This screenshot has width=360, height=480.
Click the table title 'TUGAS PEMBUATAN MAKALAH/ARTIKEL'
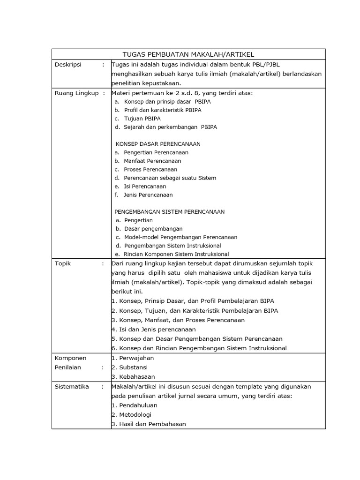188,54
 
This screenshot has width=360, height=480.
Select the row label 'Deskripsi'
68,65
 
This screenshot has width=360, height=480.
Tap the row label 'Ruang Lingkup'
76,93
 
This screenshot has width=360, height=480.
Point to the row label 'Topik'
62,263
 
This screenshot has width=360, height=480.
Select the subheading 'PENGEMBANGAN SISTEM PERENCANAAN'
170,212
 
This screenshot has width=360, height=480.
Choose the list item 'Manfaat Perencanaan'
152,161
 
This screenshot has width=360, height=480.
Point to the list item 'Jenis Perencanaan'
148,195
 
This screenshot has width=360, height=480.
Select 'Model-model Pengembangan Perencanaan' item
180,237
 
